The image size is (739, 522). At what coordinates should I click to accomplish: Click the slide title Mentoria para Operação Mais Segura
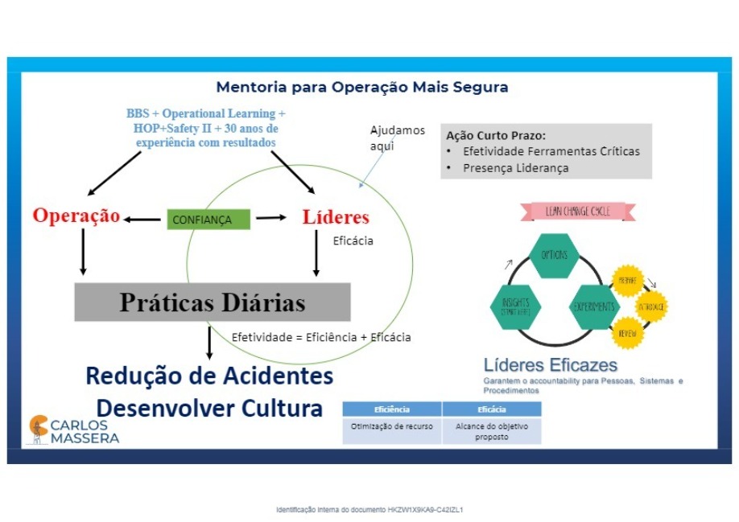362,87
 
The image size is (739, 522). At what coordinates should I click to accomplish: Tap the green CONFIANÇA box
208,219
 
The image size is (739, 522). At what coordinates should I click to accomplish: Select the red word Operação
76,216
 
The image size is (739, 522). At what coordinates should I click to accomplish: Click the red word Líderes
336,217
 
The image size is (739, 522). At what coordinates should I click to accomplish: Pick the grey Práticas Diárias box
213,302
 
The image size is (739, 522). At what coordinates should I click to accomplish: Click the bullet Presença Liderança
515,168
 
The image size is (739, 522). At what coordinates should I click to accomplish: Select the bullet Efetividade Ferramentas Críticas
551,151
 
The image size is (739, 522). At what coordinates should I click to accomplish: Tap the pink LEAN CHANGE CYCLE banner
578,212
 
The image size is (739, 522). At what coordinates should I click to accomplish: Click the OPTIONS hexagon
554,255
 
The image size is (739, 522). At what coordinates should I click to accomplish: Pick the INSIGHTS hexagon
515,306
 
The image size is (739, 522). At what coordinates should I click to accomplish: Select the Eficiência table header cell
392,409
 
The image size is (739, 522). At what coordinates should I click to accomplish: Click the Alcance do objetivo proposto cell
491,431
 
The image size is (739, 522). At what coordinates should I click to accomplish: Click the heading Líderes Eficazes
551,365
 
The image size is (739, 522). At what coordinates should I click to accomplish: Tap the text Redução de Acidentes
209,376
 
